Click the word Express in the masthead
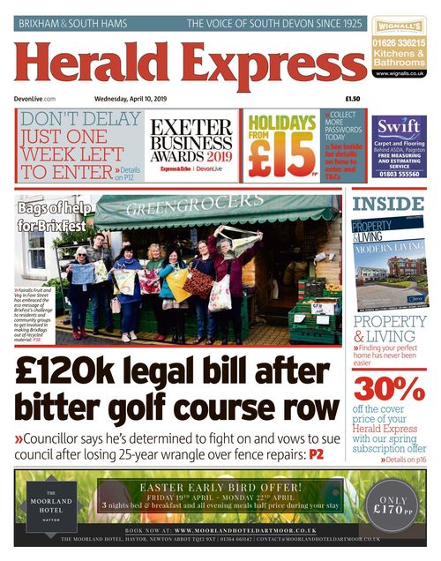264,66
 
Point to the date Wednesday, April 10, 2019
141,99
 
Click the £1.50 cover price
353,99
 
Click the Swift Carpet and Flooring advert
399,146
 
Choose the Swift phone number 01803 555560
399,174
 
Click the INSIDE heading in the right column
388,205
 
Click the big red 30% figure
389,387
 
